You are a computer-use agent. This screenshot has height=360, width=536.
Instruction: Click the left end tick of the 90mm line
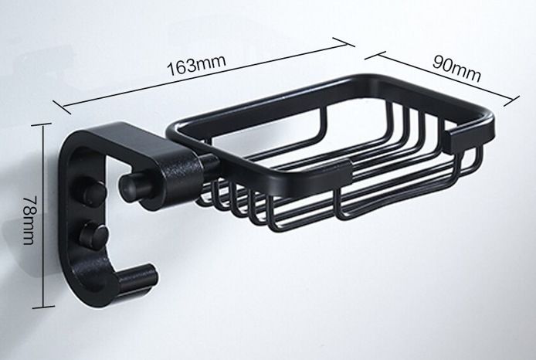pos(369,54)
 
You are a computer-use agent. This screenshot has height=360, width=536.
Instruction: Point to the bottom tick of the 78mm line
pos(42,306)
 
